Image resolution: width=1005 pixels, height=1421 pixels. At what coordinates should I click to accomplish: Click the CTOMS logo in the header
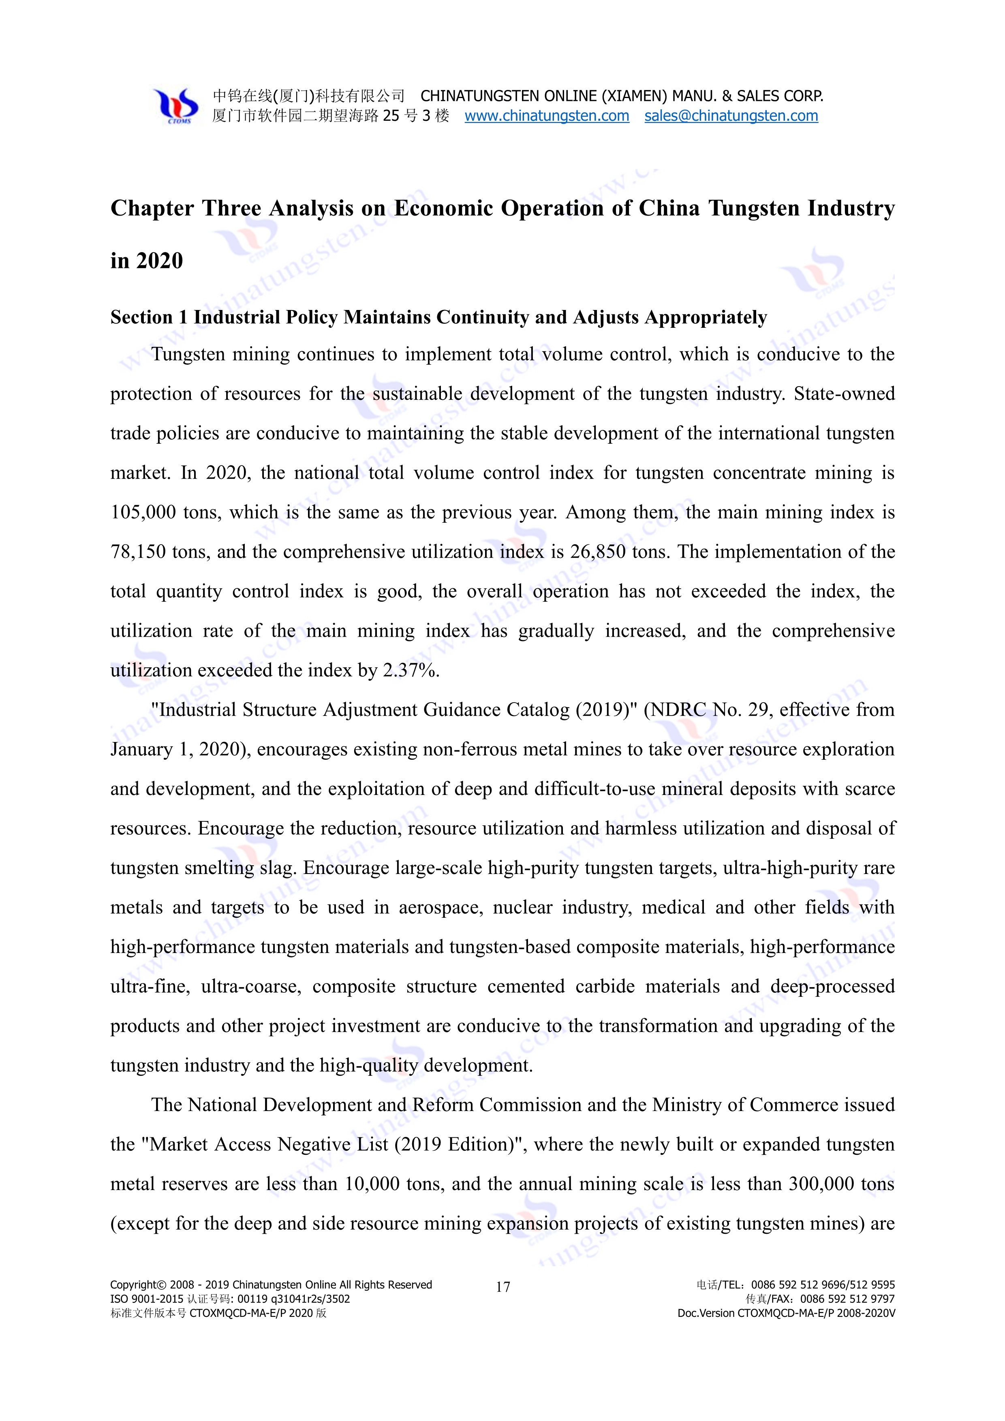176,106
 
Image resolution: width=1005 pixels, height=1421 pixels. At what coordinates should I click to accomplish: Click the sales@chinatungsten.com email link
731,116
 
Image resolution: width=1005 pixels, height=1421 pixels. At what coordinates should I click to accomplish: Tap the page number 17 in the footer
502,1287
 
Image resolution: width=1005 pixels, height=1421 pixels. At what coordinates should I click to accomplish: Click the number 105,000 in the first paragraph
143,513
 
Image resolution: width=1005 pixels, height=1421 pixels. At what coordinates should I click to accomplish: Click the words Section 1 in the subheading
149,318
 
